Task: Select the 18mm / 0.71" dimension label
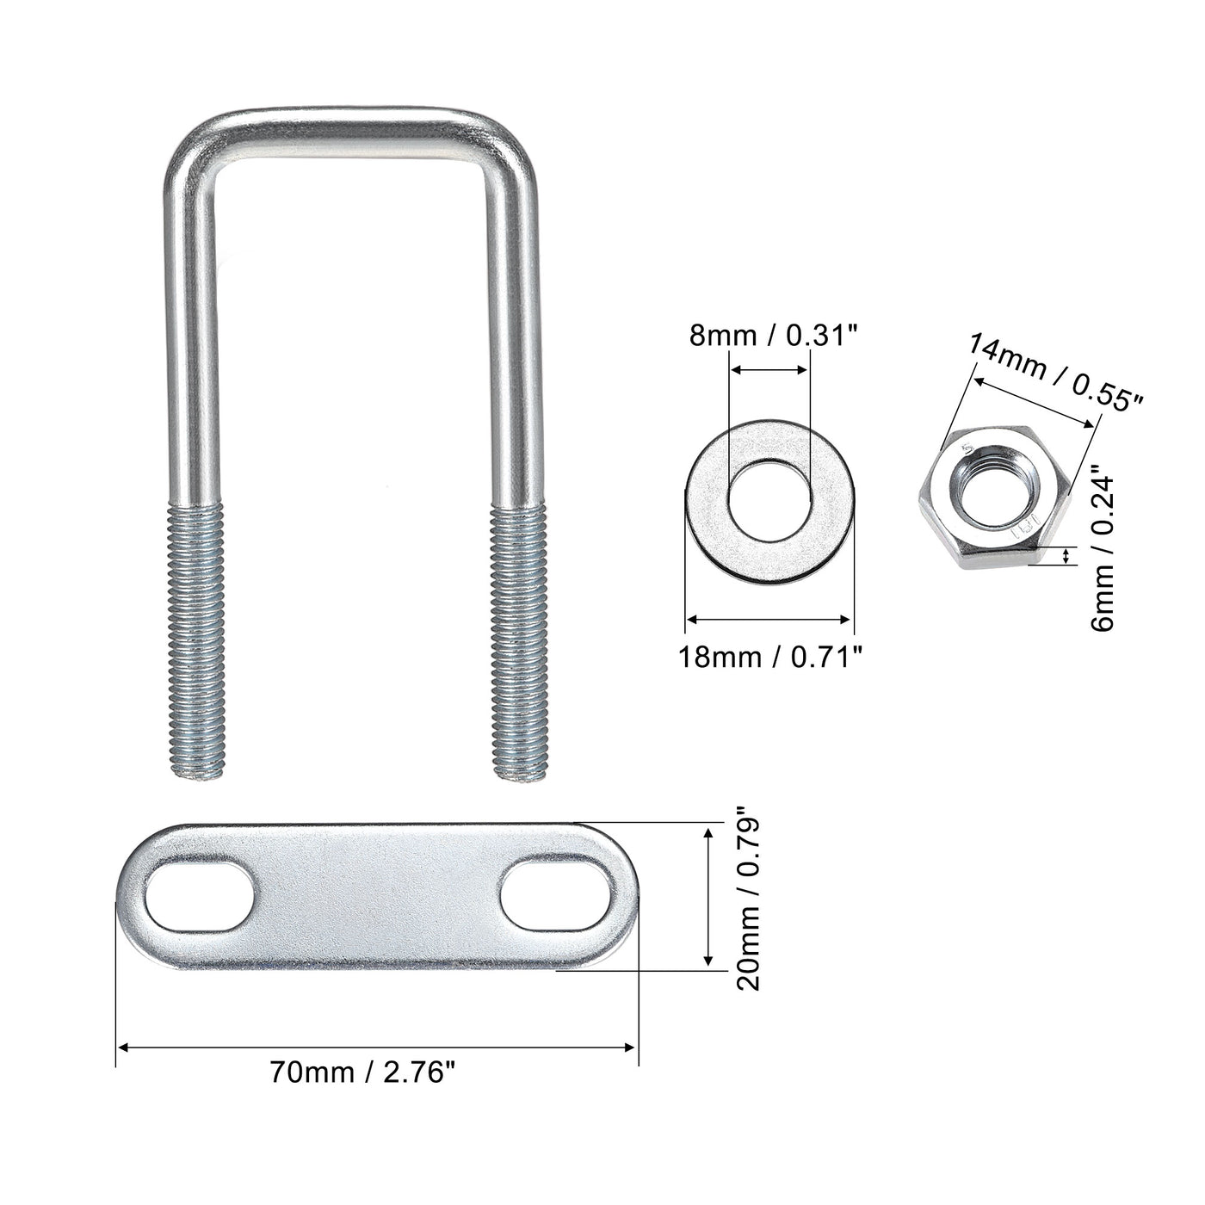click(769, 658)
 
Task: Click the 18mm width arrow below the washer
click(769, 618)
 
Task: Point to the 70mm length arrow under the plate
click(376, 1047)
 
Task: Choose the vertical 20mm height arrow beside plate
click(708, 895)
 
